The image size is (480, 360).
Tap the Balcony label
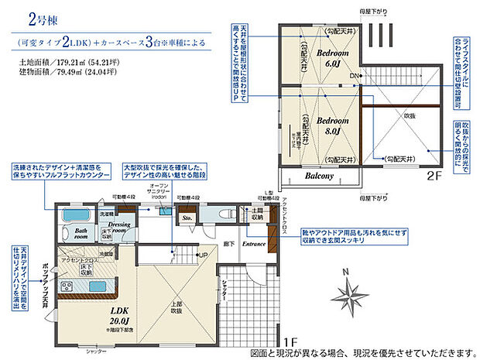[x=318, y=177]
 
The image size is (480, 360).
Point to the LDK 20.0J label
[x=101, y=314]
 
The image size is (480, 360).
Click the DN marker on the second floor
[x=355, y=75]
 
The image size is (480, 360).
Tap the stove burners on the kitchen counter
[x=64, y=289]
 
